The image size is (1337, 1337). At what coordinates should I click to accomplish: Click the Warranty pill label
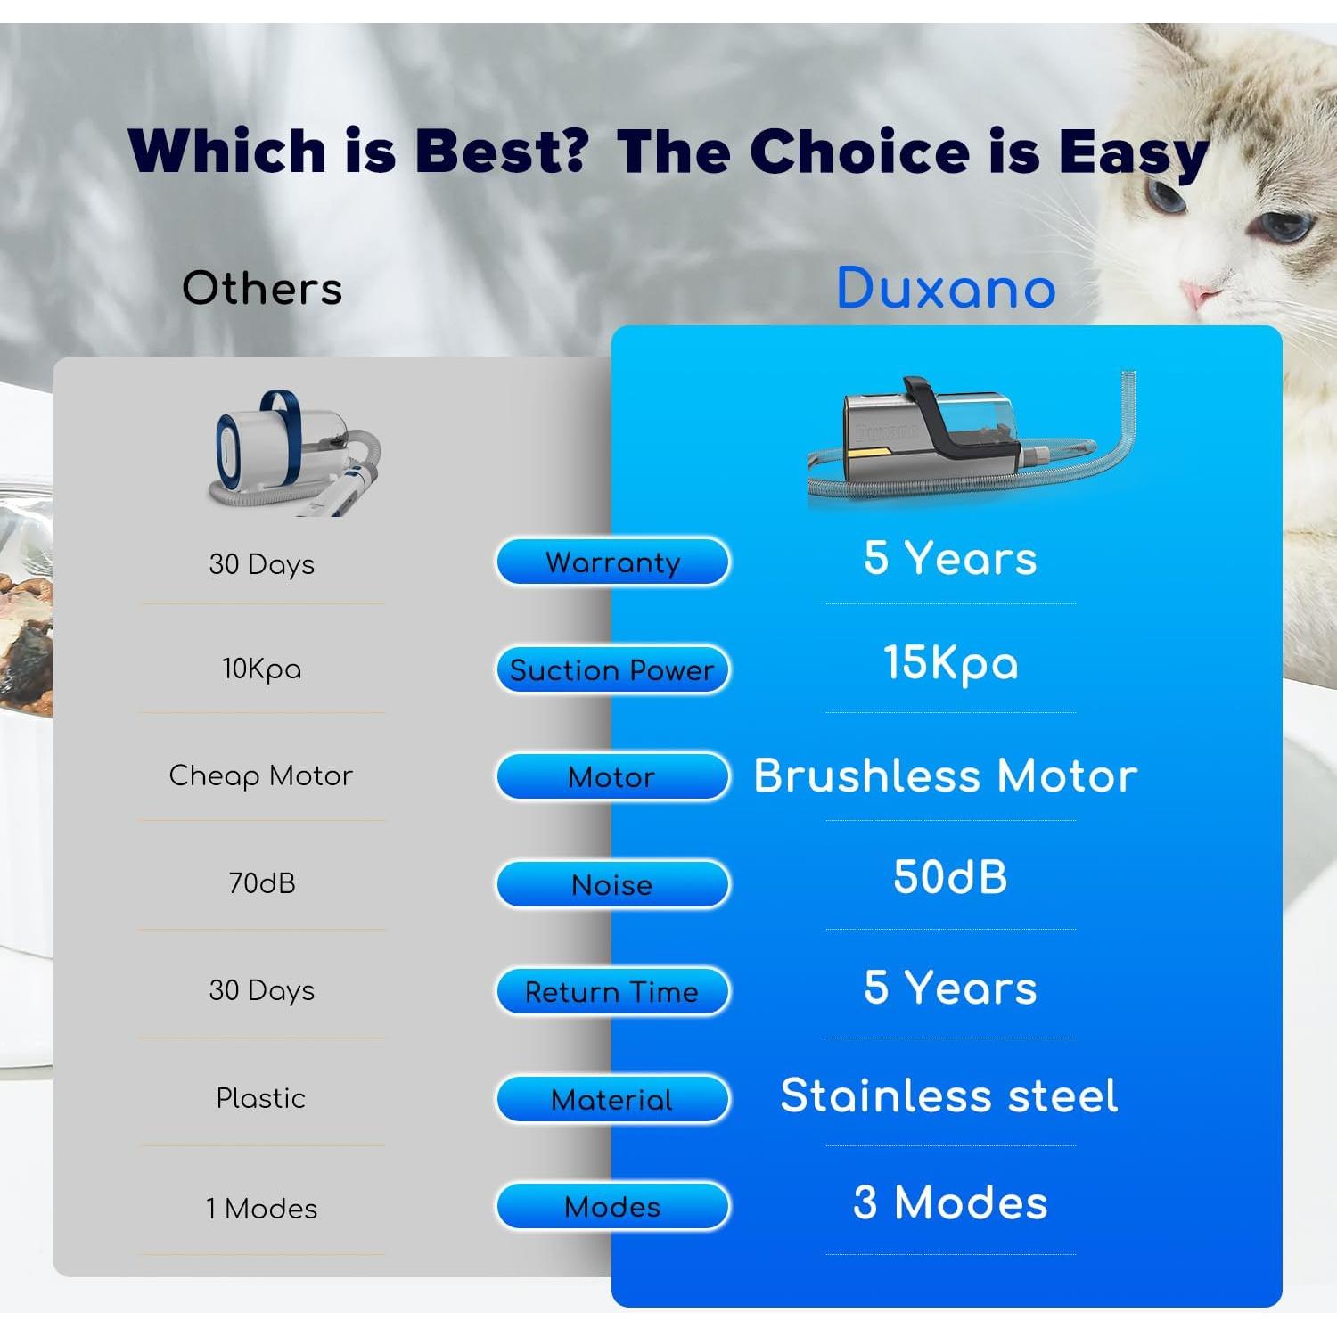[612, 562]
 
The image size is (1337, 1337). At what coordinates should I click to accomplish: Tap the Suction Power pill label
[612, 670]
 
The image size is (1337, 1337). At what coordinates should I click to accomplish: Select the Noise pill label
[612, 884]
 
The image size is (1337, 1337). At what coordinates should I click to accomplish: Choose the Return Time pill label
[612, 991]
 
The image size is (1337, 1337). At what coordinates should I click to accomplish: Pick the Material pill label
[612, 1099]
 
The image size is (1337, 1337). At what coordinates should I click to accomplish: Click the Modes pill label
[612, 1206]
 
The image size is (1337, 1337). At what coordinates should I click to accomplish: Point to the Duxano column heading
[946, 288]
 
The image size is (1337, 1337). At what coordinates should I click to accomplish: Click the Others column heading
[262, 289]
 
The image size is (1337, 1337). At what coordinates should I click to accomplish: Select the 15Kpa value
[950, 664]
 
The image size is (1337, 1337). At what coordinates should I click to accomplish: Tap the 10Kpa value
[261, 669]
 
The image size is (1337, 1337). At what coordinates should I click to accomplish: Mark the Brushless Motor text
[946, 775]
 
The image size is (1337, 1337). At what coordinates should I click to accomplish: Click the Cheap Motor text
[260, 776]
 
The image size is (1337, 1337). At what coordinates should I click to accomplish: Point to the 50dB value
[950, 876]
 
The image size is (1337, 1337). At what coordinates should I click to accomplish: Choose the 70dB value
[262, 882]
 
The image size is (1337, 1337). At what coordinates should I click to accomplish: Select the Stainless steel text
[948, 1095]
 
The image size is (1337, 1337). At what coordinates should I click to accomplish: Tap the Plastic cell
[261, 1098]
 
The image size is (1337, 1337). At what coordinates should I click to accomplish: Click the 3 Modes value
[950, 1202]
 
